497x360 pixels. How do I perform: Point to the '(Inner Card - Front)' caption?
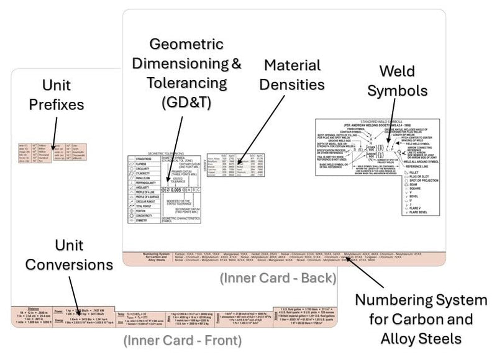182,340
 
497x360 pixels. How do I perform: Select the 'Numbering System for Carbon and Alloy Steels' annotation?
421,319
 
